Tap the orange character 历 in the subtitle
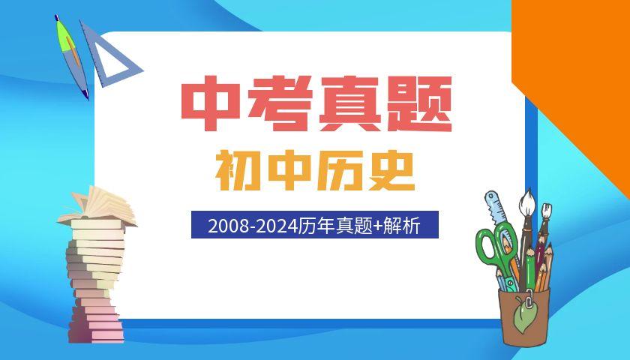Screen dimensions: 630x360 tap(340, 171)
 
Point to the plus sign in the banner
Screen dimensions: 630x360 tap(378, 226)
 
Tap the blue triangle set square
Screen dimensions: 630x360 tap(108, 56)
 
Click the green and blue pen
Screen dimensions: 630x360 tap(71, 56)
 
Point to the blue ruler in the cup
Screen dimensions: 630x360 tap(496, 209)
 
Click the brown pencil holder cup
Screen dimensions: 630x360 tap(524, 316)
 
